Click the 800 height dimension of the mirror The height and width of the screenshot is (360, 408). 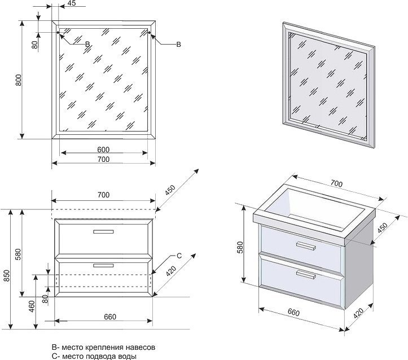pos(19,80)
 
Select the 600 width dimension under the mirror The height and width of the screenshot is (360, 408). pos(103,150)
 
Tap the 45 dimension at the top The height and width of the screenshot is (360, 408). pos(71,3)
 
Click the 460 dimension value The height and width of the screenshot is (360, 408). pos(32,306)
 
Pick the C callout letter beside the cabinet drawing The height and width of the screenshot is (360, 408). pos(179,256)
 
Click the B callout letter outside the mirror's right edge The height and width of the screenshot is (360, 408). pos(178,45)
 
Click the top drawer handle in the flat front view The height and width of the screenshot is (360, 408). pos(103,231)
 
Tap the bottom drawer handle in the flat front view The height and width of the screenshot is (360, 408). pos(103,264)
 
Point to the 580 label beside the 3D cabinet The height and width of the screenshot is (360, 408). pos(240,247)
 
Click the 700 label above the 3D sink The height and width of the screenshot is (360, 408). pos(336,184)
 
